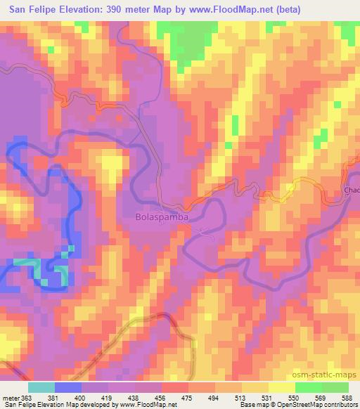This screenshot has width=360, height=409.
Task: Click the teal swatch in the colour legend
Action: pos(41,388)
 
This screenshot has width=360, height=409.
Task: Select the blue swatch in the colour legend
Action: pos(68,388)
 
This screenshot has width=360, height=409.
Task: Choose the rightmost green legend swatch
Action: pos(335,388)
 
